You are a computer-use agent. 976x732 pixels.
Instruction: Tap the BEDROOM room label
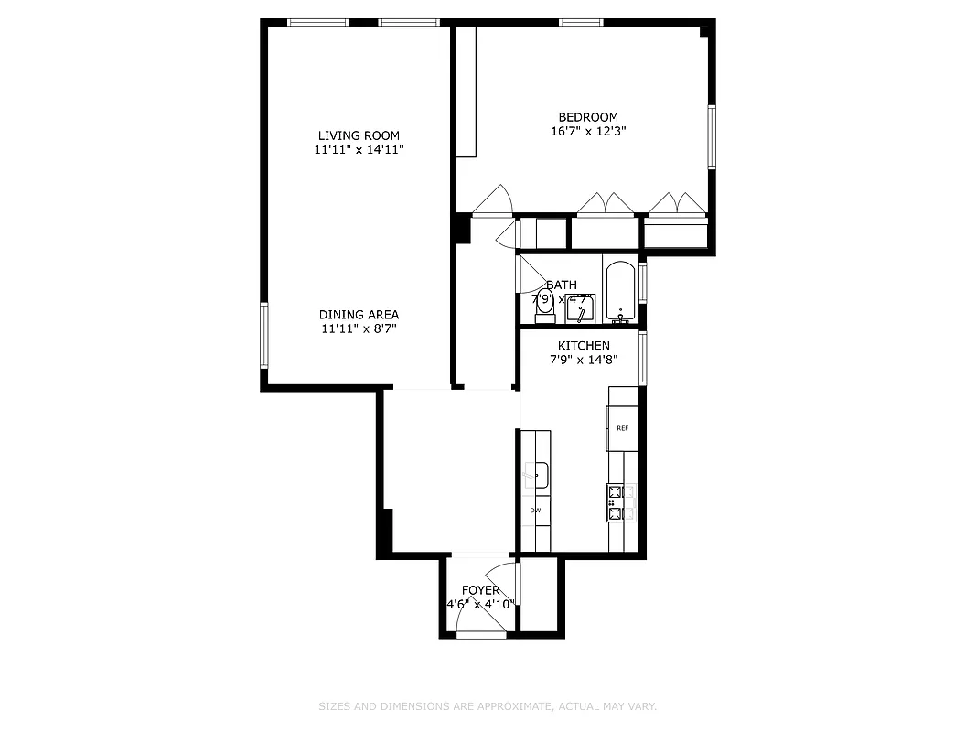[588, 117]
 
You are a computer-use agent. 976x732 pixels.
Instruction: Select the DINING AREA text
[359, 314]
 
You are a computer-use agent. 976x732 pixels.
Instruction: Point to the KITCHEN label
[584, 346]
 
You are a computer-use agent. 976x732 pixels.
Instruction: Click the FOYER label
[480, 590]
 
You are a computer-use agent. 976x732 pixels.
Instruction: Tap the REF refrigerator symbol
[622, 428]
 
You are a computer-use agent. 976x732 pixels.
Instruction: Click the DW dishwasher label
[535, 510]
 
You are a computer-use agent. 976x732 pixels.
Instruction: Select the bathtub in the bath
[621, 293]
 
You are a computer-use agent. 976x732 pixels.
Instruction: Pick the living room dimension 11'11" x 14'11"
[359, 149]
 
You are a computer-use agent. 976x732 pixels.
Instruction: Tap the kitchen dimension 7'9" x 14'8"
[584, 360]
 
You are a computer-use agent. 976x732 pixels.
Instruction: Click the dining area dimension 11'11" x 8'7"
[359, 328]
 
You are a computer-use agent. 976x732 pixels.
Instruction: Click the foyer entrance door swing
[480, 618]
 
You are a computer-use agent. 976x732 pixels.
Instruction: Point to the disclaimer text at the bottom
[488, 706]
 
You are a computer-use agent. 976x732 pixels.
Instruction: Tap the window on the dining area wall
[264, 336]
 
